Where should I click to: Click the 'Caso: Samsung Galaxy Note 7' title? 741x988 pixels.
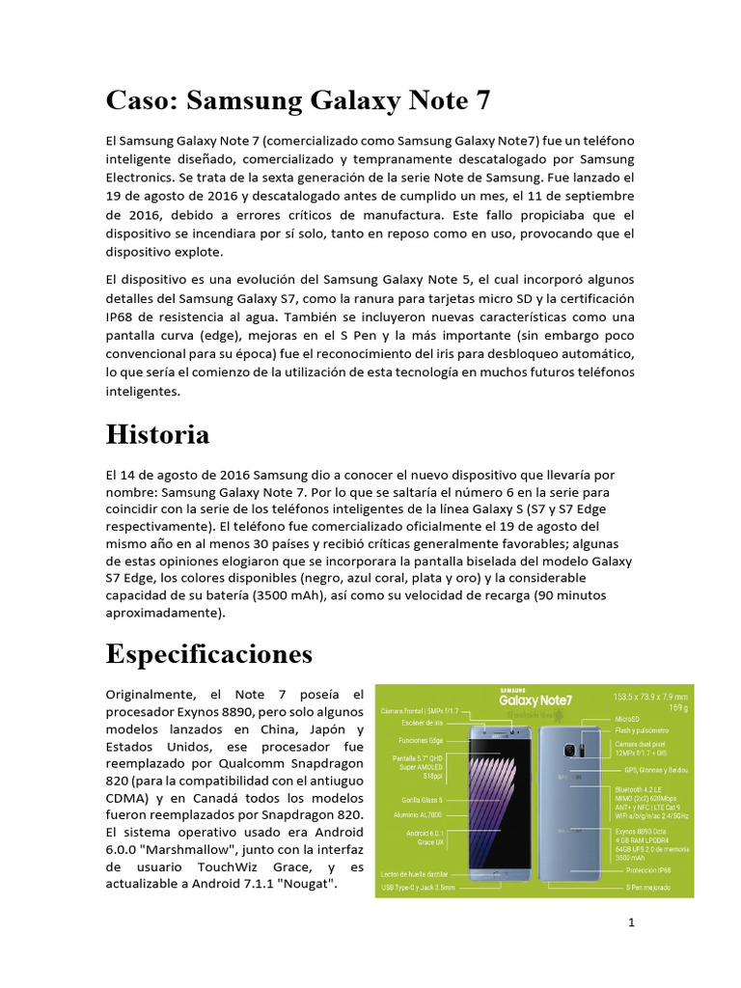(300, 99)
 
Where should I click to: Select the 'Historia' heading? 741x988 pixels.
(157, 434)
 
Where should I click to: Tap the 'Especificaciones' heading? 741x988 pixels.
(209, 654)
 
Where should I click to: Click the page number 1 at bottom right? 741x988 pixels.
(631, 923)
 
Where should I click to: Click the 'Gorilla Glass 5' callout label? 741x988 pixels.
(422, 800)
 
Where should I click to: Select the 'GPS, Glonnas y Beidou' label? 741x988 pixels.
(657, 770)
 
